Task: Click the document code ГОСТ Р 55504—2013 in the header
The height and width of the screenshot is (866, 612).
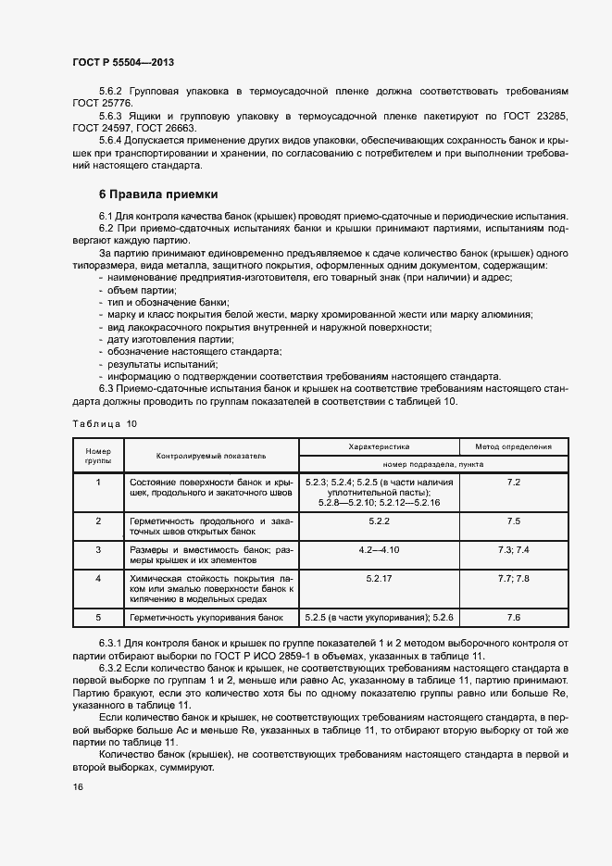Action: (122, 62)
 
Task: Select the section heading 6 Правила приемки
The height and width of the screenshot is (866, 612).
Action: (158, 195)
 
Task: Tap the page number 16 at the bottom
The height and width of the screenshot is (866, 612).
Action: (78, 786)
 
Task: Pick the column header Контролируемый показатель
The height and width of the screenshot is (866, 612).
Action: (211, 456)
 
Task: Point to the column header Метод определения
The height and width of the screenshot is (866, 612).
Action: (514, 446)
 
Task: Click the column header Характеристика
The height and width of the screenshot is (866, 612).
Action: (379, 446)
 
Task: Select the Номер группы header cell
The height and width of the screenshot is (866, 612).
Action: (98, 456)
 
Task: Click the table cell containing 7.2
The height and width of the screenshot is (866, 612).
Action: (514, 483)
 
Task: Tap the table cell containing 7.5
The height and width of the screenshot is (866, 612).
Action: (514, 521)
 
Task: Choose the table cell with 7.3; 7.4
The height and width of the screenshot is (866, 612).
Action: (514, 550)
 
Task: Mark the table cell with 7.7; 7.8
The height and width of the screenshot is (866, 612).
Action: (514, 578)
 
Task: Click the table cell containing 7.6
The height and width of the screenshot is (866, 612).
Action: (514, 616)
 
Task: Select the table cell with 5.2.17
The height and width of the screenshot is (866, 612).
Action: (379, 578)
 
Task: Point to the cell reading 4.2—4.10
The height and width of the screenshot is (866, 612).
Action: (379, 550)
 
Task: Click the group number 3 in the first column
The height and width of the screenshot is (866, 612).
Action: (98, 550)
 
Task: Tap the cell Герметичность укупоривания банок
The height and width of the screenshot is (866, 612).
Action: (206, 616)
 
